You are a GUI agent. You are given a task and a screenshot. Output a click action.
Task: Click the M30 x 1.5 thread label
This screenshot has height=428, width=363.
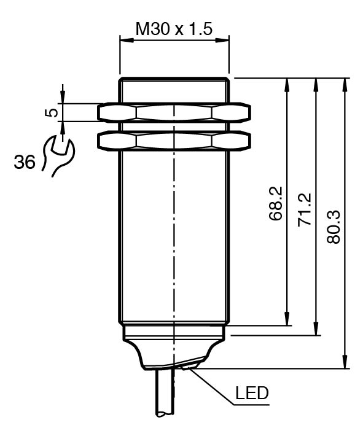tap(174, 29)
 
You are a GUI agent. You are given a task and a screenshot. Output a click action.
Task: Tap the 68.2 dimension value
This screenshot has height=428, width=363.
tap(275, 200)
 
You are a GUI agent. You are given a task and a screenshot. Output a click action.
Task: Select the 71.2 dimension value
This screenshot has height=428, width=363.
tap(304, 209)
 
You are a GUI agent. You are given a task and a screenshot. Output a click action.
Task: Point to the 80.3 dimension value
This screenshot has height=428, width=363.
tap(334, 227)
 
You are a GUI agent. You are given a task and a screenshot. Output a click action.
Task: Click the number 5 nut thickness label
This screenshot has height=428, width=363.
tap(52, 112)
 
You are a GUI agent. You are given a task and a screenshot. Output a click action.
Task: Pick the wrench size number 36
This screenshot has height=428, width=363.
tap(25, 161)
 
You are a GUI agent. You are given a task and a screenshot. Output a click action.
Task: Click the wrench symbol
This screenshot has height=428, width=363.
tap(58, 155)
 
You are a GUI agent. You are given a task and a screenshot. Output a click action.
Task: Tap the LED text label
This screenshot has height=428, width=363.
tap(252, 393)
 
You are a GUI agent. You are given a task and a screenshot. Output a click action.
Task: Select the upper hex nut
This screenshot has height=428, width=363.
tap(174, 112)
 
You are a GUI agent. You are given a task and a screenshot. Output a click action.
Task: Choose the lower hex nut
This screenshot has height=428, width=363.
tap(174, 141)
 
